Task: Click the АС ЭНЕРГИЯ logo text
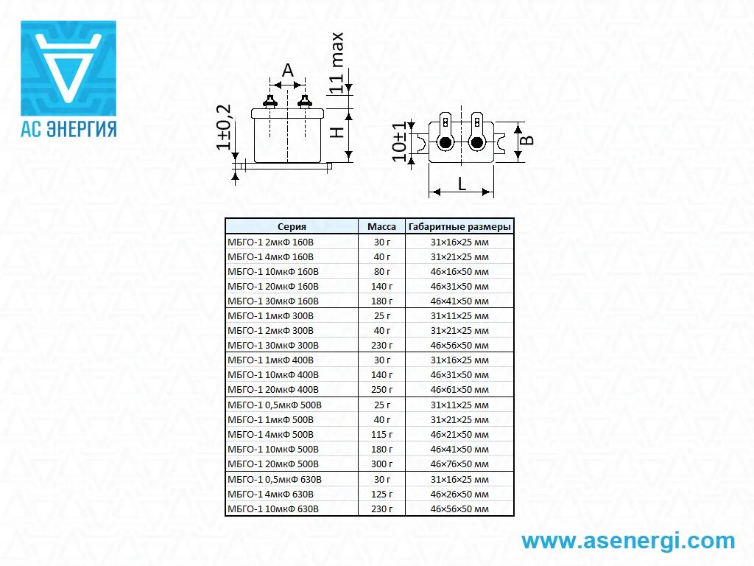click(68, 128)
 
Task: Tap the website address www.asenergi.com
click(628, 541)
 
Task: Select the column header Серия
click(292, 227)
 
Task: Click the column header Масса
click(381, 227)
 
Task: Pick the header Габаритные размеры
click(459, 227)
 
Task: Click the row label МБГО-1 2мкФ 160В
click(270, 242)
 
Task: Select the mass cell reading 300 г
click(381, 464)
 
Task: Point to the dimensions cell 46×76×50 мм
click(459, 464)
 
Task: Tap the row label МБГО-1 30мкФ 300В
click(273, 346)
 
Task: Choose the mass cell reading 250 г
click(381, 390)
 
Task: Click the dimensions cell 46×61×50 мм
click(459, 390)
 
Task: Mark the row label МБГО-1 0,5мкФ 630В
click(275, 479)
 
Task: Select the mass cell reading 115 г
click(381, 435)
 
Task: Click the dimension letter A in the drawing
click(288, 71)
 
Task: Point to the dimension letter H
click(335, 133)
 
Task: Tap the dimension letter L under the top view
click(462, 184)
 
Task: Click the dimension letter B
click(527, 140)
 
